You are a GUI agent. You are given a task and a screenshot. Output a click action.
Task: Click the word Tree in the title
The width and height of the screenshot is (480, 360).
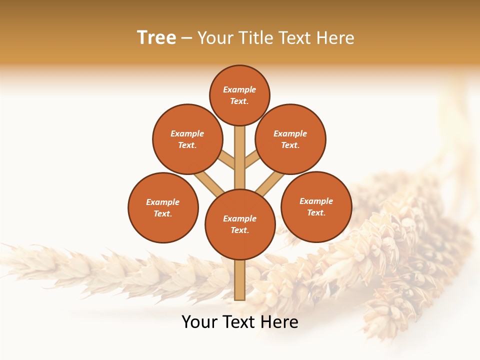tap(156, 38)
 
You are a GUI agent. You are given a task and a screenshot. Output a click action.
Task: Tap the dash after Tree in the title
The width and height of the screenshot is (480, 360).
tap(186, 38)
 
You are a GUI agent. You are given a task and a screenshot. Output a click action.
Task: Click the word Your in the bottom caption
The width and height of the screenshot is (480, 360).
tap(199, 322)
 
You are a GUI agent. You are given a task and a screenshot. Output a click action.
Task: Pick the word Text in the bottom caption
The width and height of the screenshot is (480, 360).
tap(239, 322)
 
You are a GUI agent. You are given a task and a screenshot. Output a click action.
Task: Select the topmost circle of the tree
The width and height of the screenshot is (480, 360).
tap(239, 95)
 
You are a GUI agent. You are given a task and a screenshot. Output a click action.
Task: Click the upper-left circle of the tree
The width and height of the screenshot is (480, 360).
tap(187, 139)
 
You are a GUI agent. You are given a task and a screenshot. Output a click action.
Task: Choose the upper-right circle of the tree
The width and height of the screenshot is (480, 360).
tap(290, 139)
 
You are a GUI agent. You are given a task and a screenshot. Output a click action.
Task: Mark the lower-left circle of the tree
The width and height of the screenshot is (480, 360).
tap(163, 207)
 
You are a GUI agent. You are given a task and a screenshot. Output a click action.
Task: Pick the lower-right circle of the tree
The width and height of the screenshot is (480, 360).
tap(316, 206)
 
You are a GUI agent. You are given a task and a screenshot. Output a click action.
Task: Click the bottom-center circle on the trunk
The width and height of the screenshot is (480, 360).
tap(240, 224)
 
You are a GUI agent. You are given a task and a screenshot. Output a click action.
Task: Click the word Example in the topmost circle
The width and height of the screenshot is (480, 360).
tap(239, 89)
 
